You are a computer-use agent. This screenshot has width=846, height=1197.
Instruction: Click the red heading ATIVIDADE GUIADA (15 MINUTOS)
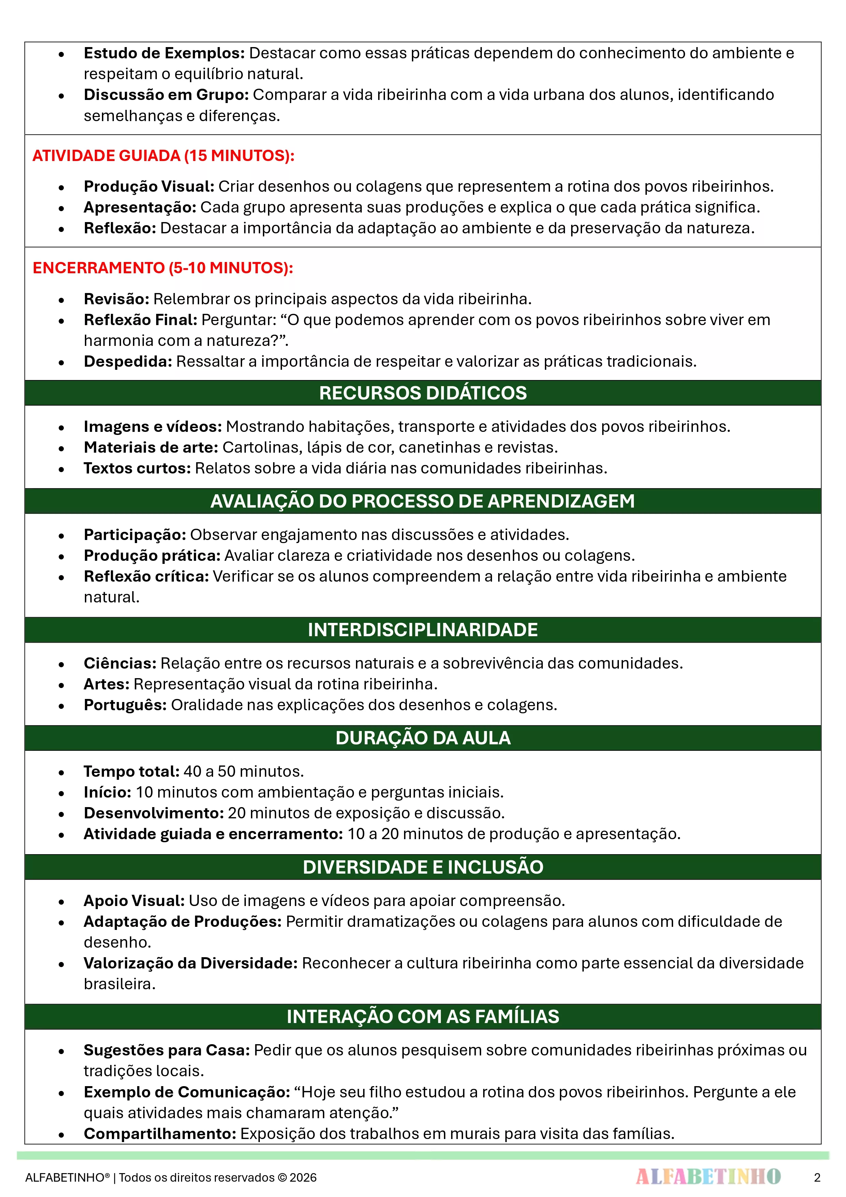click(163, 155)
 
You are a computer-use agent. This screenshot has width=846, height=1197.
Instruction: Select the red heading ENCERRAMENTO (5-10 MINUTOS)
click(163, 268)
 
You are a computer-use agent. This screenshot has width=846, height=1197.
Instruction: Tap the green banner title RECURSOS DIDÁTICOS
click(423, 393)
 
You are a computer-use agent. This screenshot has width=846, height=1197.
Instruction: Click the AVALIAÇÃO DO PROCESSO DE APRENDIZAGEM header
click(423, 501)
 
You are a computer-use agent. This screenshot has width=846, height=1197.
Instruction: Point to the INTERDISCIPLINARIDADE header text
click(423, 630)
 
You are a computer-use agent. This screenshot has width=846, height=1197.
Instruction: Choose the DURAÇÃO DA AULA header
click(423, 738)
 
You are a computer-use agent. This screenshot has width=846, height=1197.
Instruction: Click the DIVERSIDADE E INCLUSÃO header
click(423, 867)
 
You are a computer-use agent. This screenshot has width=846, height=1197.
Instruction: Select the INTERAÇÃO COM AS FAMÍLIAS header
click(423, 1017)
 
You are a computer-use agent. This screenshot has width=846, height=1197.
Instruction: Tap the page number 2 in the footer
click(817, 1177)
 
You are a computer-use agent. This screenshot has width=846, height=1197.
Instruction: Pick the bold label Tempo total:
click(131, 772)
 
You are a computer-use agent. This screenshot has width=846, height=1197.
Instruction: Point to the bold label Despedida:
click(128, 361)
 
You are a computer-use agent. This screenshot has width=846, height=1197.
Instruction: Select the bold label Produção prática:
click(152, 556)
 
